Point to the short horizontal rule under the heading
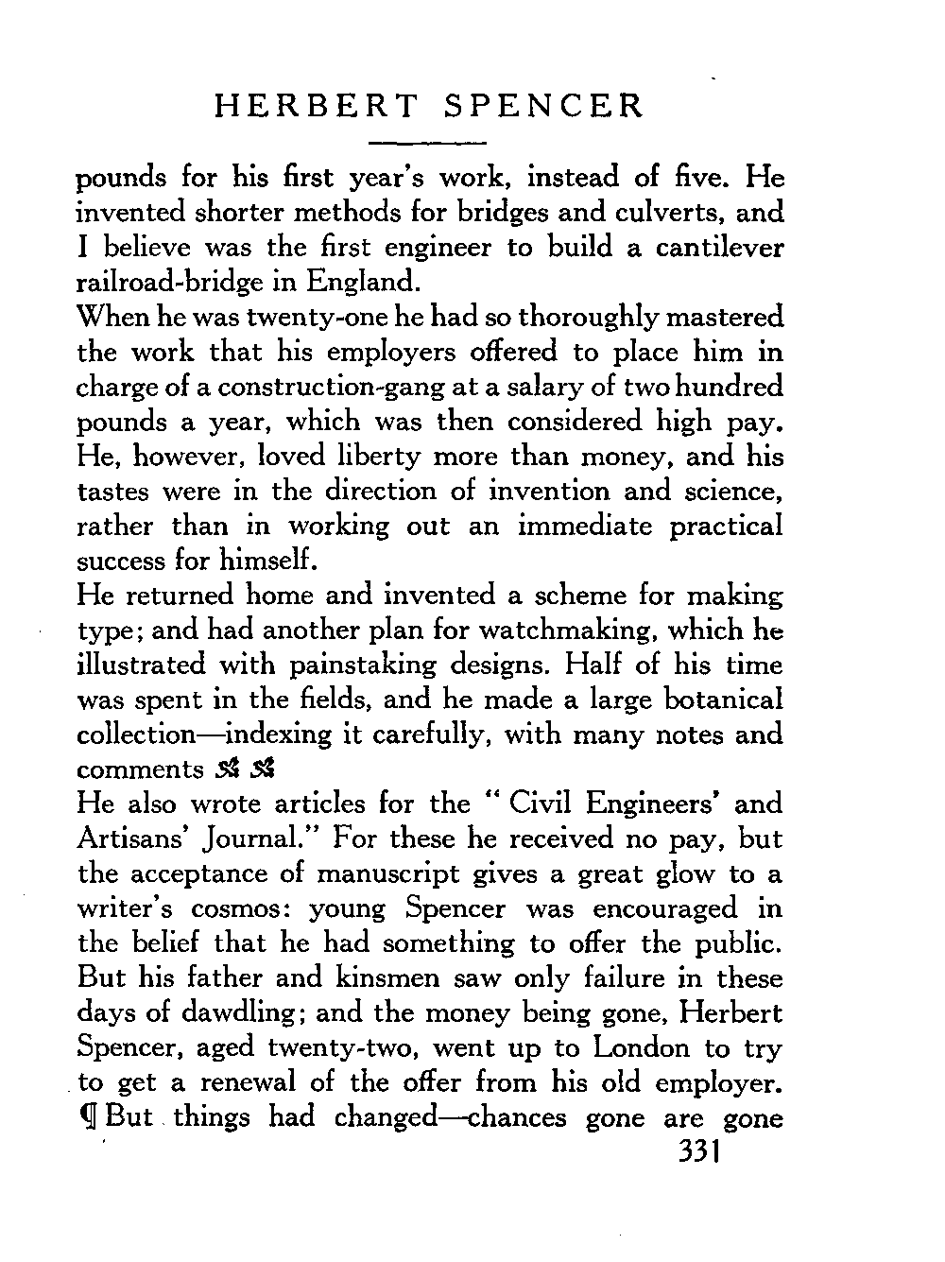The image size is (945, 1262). (x=426, y=143)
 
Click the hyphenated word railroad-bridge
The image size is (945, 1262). (x=175, y=282)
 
